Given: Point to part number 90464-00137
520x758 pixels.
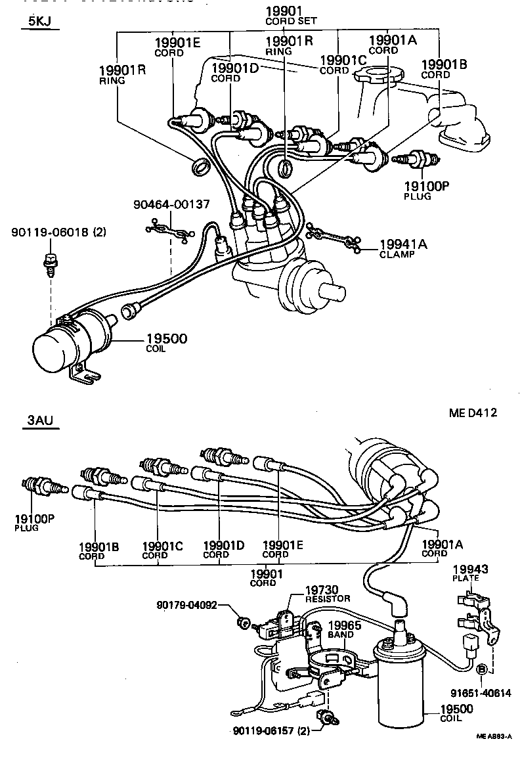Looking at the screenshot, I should pyautogui.click(x=171, y=205).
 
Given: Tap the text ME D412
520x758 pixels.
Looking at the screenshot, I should pyautogui.click(x=473, y=413).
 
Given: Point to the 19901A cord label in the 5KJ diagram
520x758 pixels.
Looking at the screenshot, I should pyautogui.click(x=393, y=43).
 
